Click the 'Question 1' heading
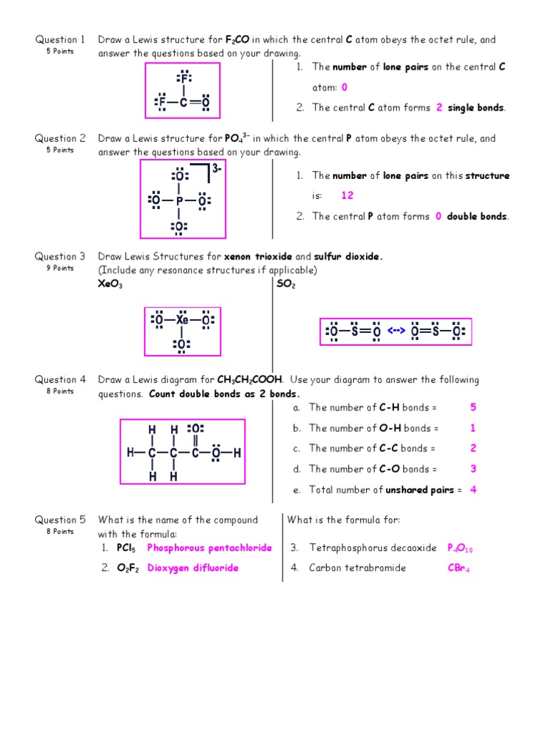click(61, 40)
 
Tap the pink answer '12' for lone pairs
click(347, 195)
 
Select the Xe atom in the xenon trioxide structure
click(182, 320)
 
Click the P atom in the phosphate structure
click(179, 201)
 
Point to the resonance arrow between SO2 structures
click(396, 331)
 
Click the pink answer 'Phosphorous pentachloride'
click(210, 548)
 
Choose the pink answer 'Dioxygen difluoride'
click(193, 568)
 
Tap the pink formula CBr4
click(458, 568)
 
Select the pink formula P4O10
click(460, 548)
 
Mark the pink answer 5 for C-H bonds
click(473, 408)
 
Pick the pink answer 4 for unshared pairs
click(473, 490)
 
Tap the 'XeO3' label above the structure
click(111, 284)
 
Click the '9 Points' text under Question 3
click(61, 268)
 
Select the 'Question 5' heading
click(61, 520)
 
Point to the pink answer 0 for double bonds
click(438, 217)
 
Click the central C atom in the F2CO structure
click(183, 103)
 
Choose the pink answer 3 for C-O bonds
click(473, 469)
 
